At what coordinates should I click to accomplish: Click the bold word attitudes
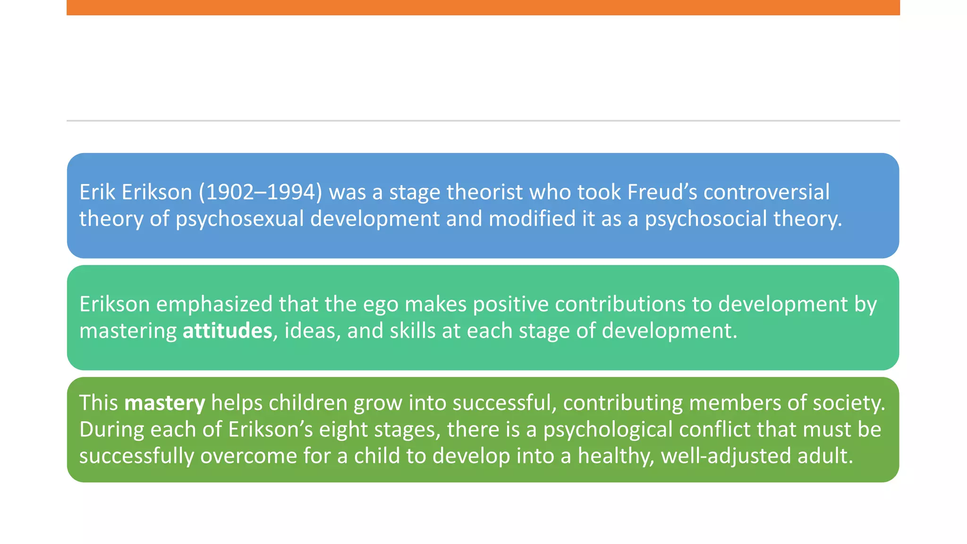tap(227, 331)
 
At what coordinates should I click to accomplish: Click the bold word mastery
tap(164, 403)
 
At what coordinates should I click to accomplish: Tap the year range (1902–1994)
tap(261, 192)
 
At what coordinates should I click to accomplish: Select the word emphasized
tap(214, 304)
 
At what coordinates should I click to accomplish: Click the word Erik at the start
tap(97, 192)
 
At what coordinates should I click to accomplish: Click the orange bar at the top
tap(483, 8)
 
